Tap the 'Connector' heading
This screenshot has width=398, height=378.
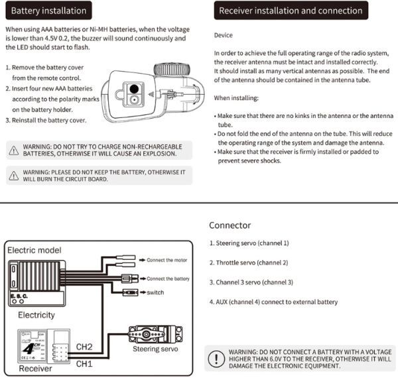coord(230,225)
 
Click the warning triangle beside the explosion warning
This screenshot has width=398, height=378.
coord(13,150)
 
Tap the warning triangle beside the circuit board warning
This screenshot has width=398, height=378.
coord(13,175)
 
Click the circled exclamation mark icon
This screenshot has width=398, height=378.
coord(216,359)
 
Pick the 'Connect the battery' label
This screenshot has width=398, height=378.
coord(168,279)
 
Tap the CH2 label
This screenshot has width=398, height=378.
coord(85,346)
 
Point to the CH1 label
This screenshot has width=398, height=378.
coord(85,363)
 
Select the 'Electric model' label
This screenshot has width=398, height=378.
coord(34,250)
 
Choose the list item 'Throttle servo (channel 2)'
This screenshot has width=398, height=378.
coord(248,263)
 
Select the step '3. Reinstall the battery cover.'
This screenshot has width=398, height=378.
coord(46,121)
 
